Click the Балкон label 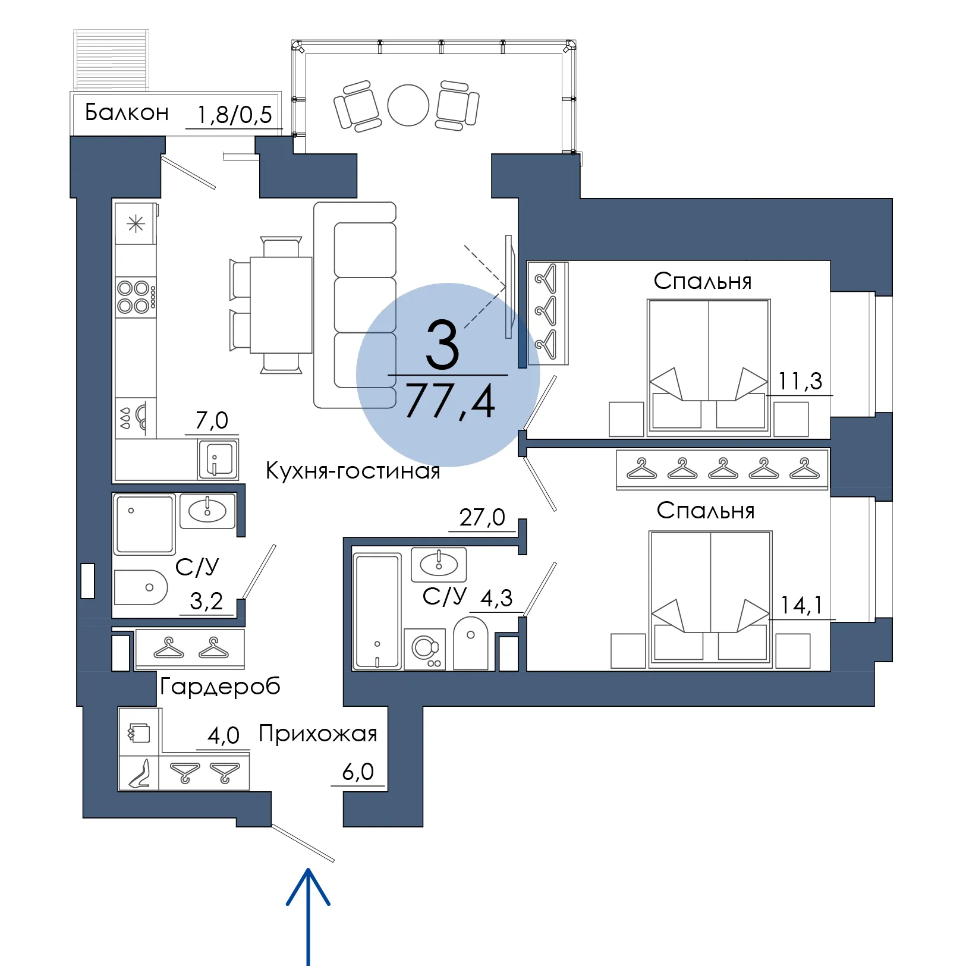click(127, 112)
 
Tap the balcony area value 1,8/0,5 click(234, 115)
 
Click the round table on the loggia click(408, 105)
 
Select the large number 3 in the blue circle click(443, 345)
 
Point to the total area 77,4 click(450, 401)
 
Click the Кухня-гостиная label click(353, 471)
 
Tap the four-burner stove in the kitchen click(136, 297)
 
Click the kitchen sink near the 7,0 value click(218, 459)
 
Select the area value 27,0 click(482, 518)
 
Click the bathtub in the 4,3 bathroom click(377, 611)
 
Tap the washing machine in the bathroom click(425, 649)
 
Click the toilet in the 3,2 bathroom click(140, 587)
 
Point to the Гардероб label click(220, 687)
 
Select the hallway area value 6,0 click(358, 772)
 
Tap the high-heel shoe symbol click(140, 773)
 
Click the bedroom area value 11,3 click(800, 381)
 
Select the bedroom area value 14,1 click(801, 605)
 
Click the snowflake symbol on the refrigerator click(136, 224)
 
